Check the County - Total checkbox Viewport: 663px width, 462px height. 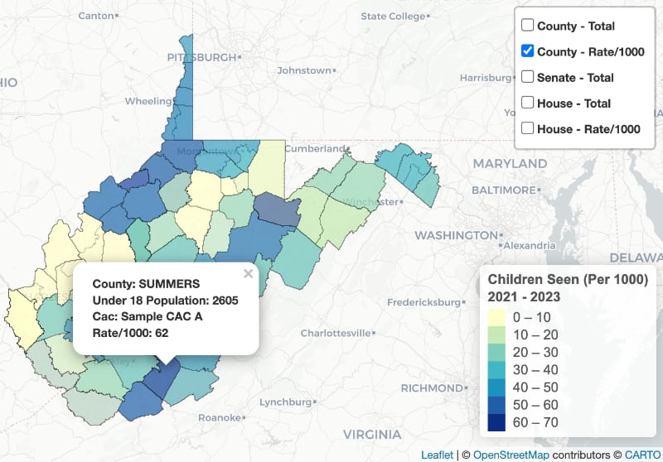point(527,26)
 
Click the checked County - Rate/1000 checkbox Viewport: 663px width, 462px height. point(527,51)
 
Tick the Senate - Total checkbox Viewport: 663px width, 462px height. point(527,77)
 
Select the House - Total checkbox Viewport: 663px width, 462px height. point(527,103)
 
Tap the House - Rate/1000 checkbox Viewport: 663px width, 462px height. point(527,128)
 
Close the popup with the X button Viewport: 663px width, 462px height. point(248,273)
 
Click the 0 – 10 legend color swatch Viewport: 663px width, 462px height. point(500,317)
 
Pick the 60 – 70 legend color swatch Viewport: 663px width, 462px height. point(500,421)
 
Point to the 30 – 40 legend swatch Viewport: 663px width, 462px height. point(500,369)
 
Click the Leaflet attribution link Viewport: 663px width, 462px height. point(437,455)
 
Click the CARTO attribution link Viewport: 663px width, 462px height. point(641,455)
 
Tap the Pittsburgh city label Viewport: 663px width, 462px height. point(201,57)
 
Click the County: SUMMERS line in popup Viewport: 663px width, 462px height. point(140,283)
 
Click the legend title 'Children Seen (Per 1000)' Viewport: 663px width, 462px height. point(568,279)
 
